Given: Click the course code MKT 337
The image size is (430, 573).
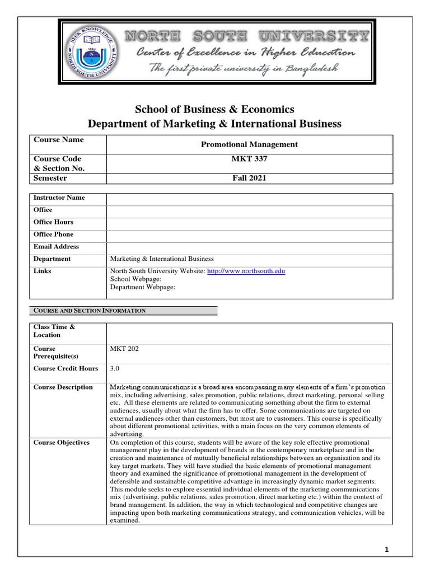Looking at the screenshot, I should pos(249,159).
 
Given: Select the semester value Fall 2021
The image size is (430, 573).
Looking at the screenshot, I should pos(249,179).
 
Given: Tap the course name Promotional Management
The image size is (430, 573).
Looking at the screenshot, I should pos(249,144).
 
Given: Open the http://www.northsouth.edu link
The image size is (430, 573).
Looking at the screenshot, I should pos(246,271).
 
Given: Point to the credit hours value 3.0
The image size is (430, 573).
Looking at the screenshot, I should pos(115,369).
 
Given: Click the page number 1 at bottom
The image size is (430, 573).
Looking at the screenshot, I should pos(386,550).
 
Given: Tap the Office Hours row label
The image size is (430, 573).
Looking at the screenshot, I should pos(54,222).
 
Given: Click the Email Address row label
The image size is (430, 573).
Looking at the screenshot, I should pos(57,247).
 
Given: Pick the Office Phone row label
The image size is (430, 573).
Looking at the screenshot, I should pos(54,234).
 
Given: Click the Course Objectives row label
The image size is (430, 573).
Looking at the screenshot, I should pos(62,443).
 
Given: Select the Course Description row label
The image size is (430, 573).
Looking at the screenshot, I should pos(63,387).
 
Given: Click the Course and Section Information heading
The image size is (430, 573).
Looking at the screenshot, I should pos(90,311).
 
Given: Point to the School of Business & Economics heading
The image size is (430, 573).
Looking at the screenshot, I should pos(214,109).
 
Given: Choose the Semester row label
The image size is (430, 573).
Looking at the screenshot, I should pos(50,179).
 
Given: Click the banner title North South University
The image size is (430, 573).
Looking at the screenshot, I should pos(246,37).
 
